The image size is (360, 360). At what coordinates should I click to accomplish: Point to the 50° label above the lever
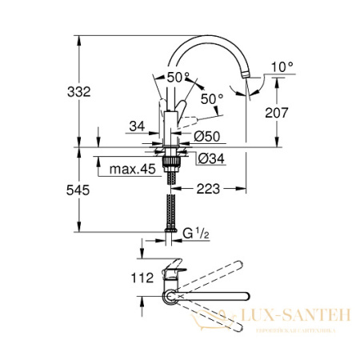pos(179,77)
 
